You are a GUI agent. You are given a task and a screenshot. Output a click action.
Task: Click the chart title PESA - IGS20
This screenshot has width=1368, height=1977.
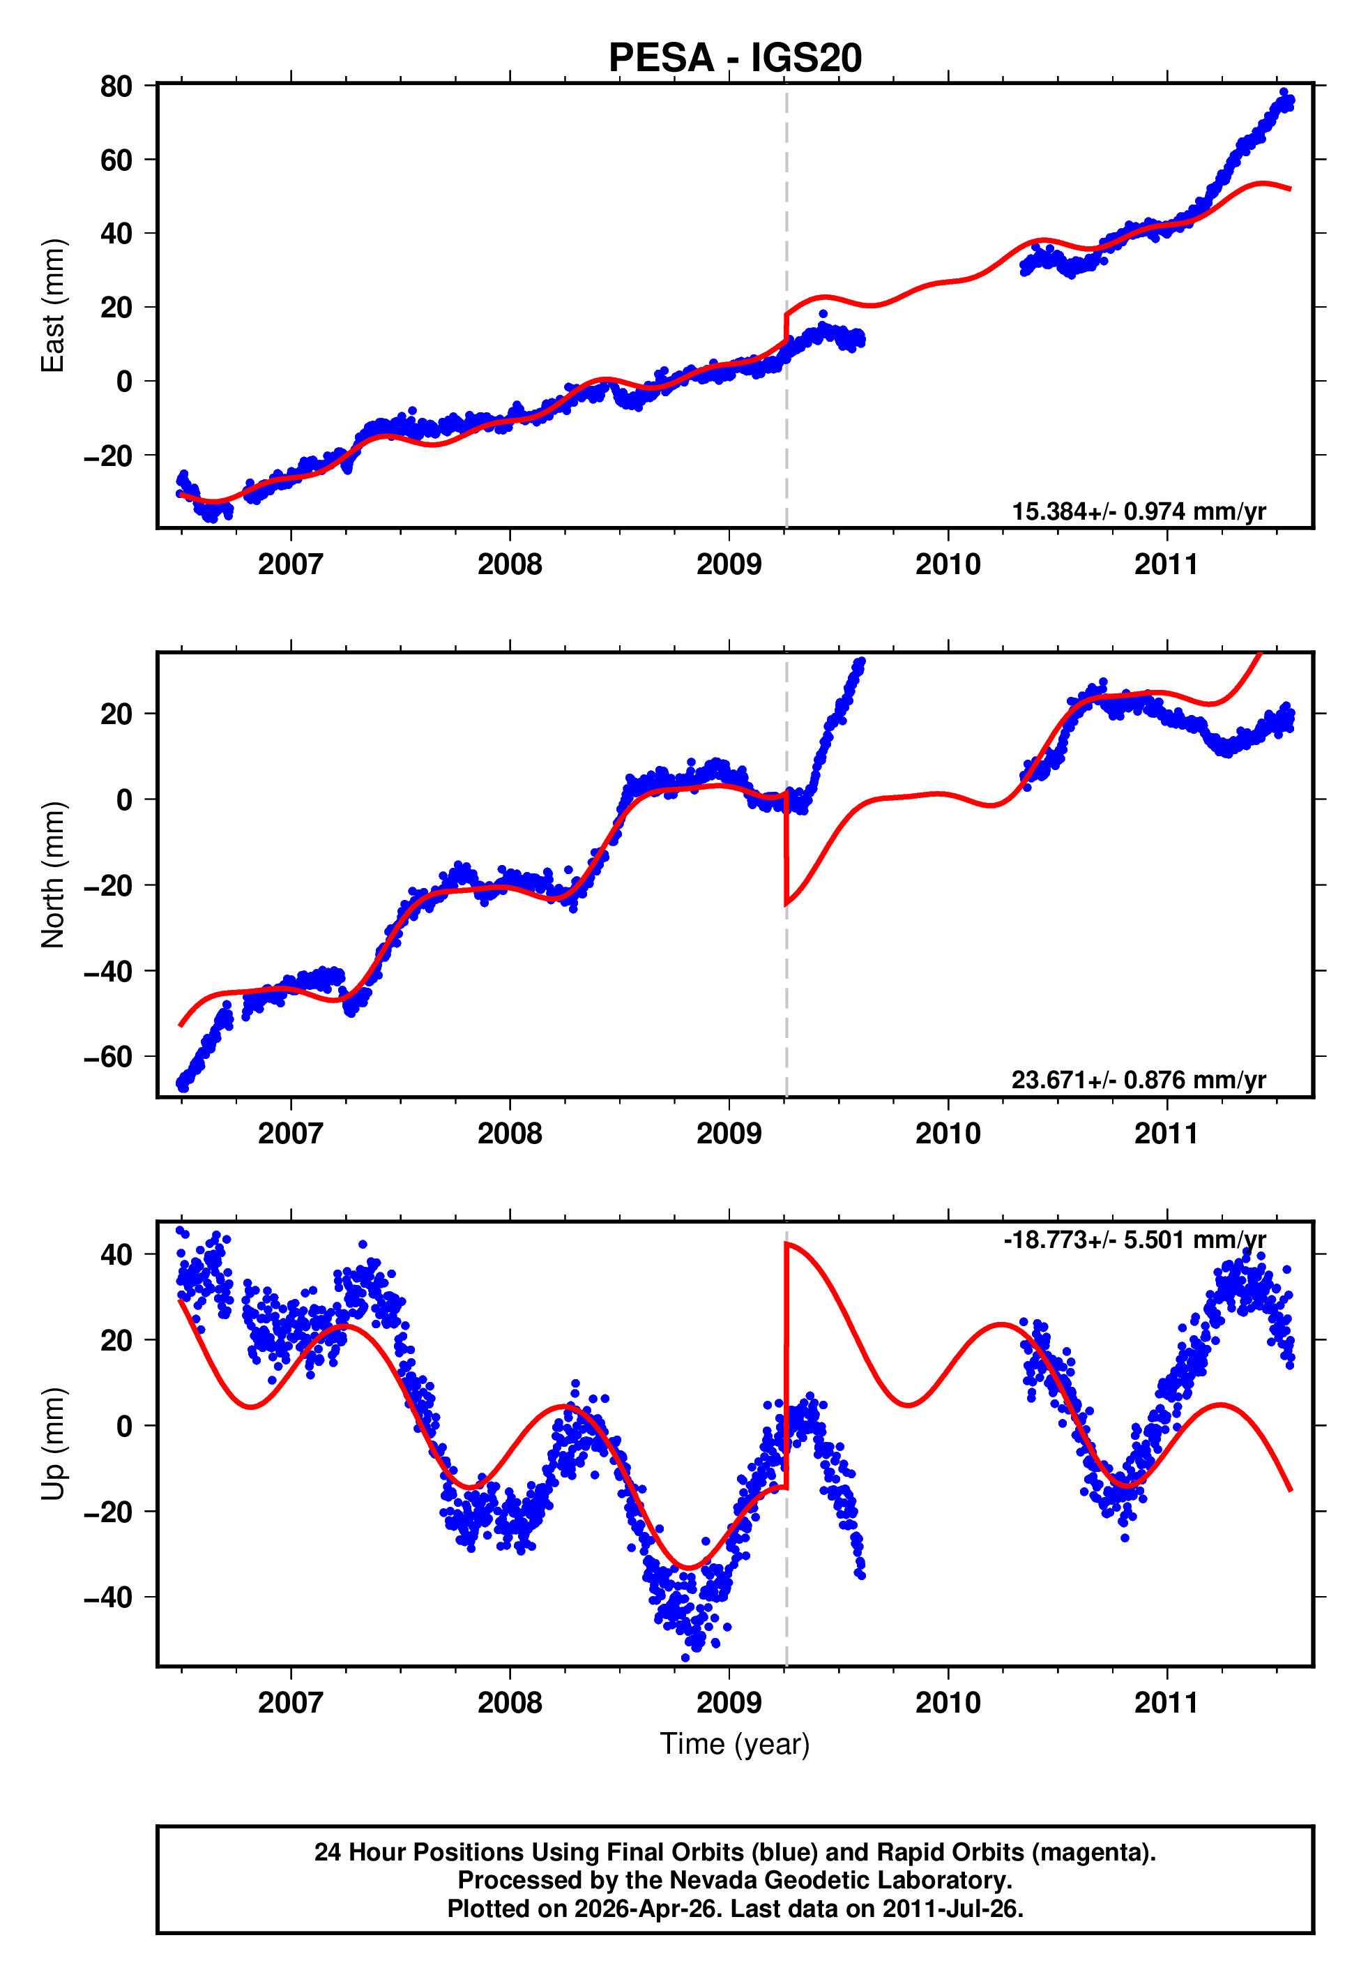click(x=735, y=59)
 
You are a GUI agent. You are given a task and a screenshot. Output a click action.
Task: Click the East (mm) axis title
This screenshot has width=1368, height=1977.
click(x=53, y=306)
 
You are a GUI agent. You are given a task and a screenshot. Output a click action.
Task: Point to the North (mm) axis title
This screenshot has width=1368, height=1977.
click(x=53, y=875)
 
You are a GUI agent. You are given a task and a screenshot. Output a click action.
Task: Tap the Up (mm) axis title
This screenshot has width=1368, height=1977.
click(x=53, y=1444)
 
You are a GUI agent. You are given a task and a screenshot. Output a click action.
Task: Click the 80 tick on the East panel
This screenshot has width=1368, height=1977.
click(x=116, y=86)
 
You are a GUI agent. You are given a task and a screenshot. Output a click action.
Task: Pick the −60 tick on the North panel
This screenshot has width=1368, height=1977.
click(x=108, y=1057)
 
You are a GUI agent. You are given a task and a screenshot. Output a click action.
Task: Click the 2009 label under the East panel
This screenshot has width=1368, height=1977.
click(x=729, y=564)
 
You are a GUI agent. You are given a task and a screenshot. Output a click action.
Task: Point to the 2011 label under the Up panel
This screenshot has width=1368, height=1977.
click(x=1166, y=1702)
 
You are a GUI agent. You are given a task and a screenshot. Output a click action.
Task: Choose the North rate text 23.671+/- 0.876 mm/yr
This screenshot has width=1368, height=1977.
click(x=1139, y=1079)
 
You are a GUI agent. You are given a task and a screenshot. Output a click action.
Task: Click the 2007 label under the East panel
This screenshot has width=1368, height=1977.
click(x=291, y=564)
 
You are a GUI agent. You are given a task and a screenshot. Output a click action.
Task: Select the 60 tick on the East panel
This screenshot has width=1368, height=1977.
click(x=116, y=160)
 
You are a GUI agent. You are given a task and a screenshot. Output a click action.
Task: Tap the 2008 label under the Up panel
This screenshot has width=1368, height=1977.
click(x=509, y=1702)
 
